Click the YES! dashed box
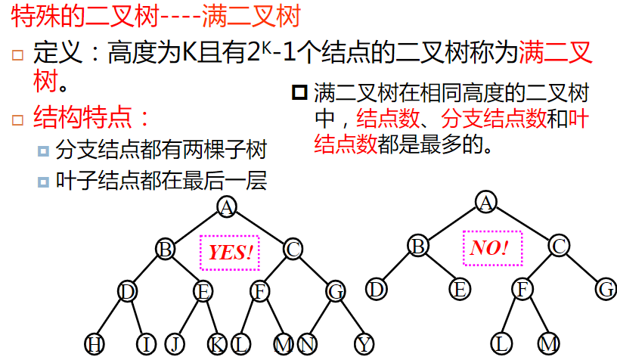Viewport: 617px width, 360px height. [230, 252]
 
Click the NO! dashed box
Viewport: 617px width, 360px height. [491, 248]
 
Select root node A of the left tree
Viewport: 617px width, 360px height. [226, 206]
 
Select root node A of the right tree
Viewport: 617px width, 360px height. [486, 201]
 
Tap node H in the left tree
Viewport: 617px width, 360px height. [95, 345]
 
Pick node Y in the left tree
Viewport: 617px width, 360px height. [364, 345]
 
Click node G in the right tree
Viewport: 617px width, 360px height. [606, 288]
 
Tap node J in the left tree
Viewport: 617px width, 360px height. [175, 345]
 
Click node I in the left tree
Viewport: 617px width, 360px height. [147, 345]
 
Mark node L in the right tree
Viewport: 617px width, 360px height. [503, 344]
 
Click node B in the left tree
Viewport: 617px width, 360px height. [166, 248]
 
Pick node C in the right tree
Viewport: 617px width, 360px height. [559, 246]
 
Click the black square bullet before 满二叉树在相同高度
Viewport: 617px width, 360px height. [299, 94]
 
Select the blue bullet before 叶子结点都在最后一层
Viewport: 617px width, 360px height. [43, 182]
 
